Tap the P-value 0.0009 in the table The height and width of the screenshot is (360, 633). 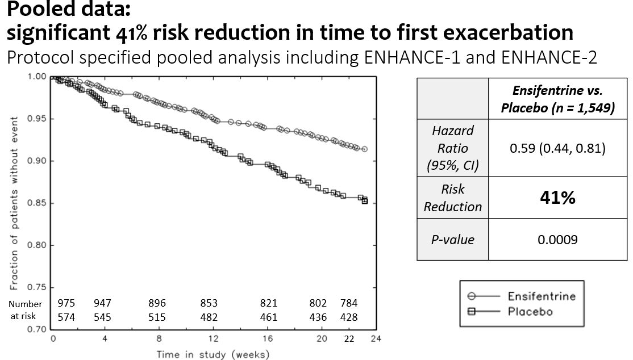coord(557,240)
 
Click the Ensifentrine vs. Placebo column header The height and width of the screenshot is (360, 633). coord(557,99)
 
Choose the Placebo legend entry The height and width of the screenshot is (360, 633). coord(530,312)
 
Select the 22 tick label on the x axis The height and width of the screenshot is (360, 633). coord(348,338)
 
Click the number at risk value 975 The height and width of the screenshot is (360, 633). coord(66,303)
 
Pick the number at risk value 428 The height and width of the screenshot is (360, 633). coord(348,317)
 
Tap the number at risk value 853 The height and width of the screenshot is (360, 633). coord(209,303)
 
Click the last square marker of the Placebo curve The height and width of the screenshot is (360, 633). coord(365,200)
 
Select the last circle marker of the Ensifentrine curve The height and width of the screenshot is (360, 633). coord(365,149)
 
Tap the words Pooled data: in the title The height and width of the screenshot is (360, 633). coord(66,10)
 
